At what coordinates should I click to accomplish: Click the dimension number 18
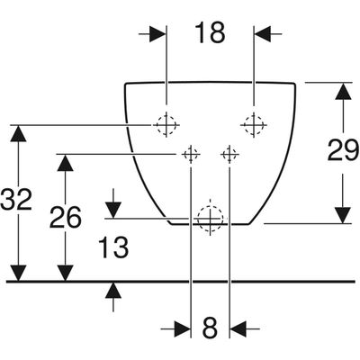210,32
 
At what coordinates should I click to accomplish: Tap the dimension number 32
16,200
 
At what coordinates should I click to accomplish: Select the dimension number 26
66,217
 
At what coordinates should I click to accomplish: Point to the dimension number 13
113,247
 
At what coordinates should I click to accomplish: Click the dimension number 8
210,328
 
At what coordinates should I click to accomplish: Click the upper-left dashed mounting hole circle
166,124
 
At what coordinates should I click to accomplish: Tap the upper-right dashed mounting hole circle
254,124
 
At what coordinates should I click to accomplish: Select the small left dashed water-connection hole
191,155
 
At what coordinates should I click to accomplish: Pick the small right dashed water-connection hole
229,155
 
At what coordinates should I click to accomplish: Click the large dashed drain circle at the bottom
210,219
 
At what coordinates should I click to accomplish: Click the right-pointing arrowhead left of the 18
157,34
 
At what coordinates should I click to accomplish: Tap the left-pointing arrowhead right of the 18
263,34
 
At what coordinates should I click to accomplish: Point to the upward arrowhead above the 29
343,91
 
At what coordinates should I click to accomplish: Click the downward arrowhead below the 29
343,215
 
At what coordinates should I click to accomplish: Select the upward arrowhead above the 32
18,133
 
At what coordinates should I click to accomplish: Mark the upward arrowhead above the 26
65,163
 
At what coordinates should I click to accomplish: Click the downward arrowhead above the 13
113,210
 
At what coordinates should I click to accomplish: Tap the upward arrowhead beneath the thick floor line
113,291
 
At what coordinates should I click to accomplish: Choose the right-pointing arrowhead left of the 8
183,329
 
